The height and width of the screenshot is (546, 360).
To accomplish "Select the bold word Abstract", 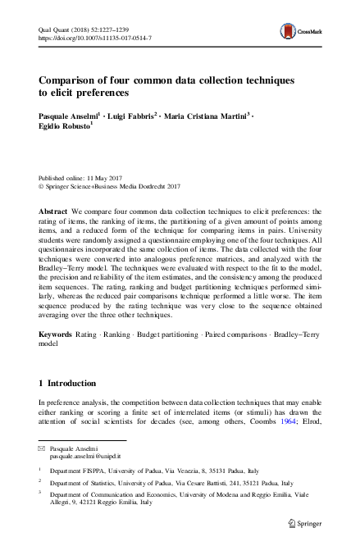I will point(53,212).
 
